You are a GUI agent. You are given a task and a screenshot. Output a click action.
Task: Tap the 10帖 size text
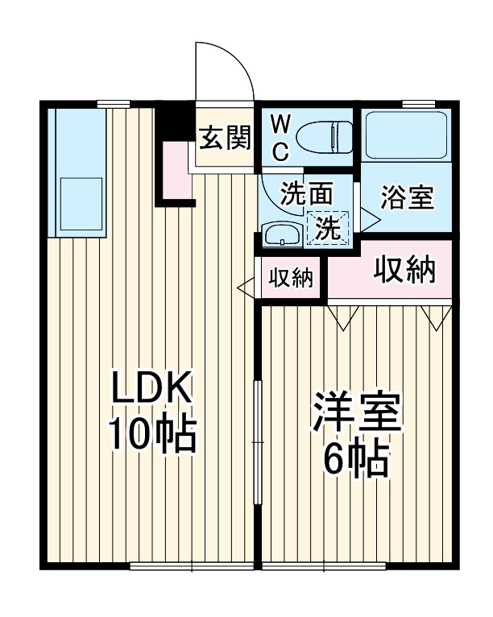coord(152,435)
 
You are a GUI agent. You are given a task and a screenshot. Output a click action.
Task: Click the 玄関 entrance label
coord(225,139)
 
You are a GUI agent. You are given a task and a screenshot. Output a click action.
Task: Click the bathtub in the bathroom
coord(405,135)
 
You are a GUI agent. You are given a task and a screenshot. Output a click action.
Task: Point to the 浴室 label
coord(408,197)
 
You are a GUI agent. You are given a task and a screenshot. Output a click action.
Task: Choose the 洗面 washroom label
coord(306,193)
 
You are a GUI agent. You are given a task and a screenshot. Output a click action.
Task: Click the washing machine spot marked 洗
coord(327,227)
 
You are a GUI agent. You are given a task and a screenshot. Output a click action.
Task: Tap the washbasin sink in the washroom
coord(282,235)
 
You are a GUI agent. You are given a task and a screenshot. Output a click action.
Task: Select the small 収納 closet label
coord(290,278)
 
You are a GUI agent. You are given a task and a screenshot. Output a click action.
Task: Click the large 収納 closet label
coord(404,271)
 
